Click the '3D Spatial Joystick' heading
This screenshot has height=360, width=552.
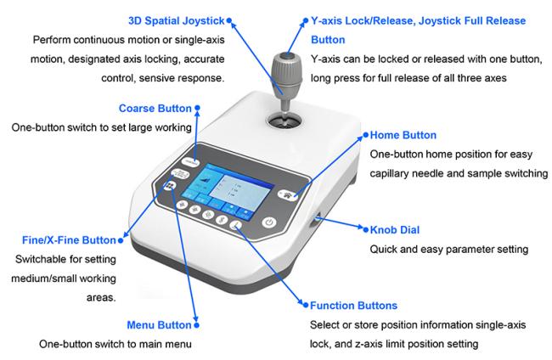tap(176, 20)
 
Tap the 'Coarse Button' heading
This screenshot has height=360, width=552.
tap(155, 109)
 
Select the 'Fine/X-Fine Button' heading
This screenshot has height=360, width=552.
tap(69, 240)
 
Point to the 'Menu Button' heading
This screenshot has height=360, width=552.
tap(159, 325)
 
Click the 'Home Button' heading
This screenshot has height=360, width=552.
tap(403, 135)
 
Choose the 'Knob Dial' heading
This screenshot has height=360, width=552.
tap(395, 230)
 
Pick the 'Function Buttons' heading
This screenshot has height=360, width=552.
tap(353, 306)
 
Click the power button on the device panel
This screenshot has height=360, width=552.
tap(269, 222)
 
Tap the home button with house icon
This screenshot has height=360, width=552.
tap(288, 194)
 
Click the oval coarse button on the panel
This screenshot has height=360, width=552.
tap(190, 162)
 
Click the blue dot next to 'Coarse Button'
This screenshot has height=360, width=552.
tap(198, 108)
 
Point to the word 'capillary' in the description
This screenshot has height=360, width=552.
tap(389, 173)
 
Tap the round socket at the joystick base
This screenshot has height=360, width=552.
tap(284, 121)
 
